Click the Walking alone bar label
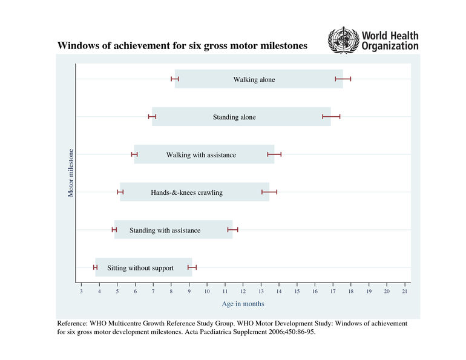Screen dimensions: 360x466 point(254,79)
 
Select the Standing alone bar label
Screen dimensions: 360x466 point(234,117)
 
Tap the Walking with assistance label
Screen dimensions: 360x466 point(201,155)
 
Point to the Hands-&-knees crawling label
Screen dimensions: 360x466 point(186,192)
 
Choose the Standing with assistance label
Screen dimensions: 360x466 point(165,231)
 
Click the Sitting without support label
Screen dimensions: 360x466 point(140,268)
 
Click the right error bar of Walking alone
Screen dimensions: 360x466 point(343,79)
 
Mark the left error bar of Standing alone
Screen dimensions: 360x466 point(153,116)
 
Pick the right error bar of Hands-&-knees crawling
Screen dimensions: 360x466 point(269,192)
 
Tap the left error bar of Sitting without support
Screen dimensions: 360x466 point(95,267)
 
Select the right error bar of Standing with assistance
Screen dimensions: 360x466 point(233,230)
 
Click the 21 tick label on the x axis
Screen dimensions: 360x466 point(405,292)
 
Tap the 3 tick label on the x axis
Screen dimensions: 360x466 point(82,292)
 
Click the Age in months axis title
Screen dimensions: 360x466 point(243,304)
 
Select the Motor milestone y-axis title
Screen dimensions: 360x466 point(71,172)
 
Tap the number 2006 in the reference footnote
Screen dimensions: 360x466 point(272,332)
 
